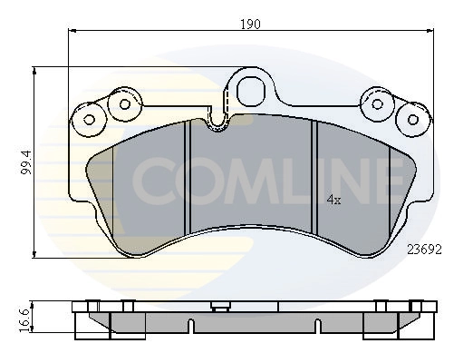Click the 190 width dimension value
[250, 24]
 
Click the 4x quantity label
[333, 200]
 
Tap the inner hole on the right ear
[375, 102]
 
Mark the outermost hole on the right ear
[412, 118]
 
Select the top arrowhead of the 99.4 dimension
[35, 70]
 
